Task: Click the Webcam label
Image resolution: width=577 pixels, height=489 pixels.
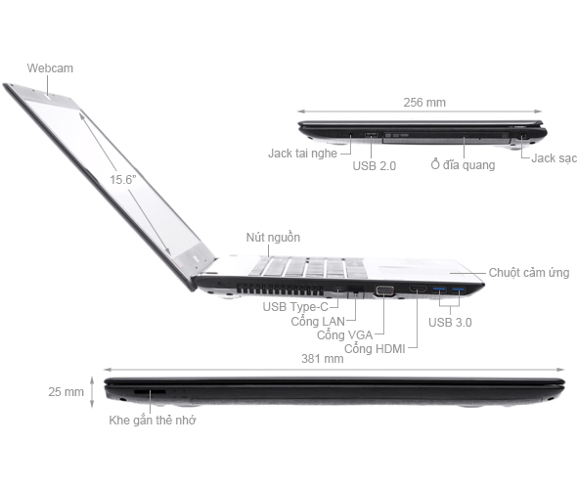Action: [x=50, y=67]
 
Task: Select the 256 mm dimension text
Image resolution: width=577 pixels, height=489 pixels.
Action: [x=423, y=102]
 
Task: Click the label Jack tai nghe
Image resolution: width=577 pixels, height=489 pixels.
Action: [x=302, y=154]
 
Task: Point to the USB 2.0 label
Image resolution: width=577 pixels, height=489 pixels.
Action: [x=374, y=166]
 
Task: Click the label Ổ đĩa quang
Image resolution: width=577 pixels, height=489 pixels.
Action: [x=463, y=165]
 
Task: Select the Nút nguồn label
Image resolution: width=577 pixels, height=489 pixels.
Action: [x=273, y=238]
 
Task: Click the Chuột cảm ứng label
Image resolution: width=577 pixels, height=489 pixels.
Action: [x=530, y=273]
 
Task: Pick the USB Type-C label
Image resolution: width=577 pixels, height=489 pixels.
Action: [x=294, y=307]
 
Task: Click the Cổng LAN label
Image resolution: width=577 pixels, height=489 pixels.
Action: [x=317, y=321]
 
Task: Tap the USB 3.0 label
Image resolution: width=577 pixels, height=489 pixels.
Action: [x=451, y=322]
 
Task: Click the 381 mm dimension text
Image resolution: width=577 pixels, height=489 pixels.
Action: [x=323, y=359]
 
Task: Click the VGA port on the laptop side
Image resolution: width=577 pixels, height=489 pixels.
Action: [x=384, y=290]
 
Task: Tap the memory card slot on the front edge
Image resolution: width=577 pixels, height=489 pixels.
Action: [x=150, y=391]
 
